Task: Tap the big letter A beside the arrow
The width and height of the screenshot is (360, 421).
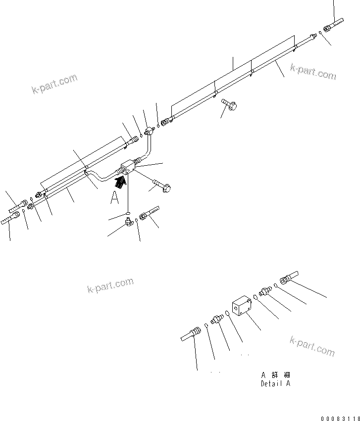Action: click(x=115, y=198)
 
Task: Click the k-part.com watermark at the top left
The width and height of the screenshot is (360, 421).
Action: click(x=55, y=84)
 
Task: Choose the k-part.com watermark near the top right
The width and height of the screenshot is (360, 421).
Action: click(x=313, y=72)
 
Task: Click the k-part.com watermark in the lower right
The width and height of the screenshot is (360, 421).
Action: click(x=312, y=346)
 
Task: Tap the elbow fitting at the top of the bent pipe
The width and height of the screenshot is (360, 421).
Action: click(x=150, y=131)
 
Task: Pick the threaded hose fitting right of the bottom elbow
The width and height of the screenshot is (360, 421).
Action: click(x=149, y=214)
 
